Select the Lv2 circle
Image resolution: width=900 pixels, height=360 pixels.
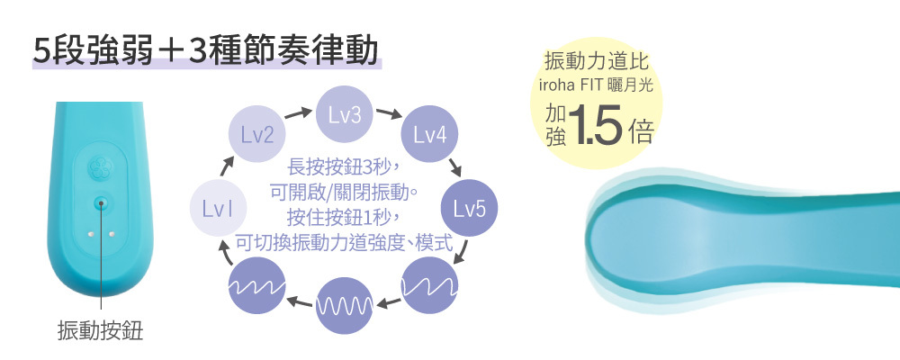[256, 136]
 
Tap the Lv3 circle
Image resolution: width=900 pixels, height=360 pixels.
[344, 115]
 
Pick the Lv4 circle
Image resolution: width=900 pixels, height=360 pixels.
[430, 136]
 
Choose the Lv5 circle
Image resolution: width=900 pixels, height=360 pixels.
[468, 210]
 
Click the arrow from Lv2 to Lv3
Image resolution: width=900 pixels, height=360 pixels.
[298, 114]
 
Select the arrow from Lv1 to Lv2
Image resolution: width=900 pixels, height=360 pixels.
[227, 168]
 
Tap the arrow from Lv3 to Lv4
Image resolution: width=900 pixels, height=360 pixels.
[389, 114]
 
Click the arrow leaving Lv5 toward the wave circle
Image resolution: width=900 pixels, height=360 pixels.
[461, 252]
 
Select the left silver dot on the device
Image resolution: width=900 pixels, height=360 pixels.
[89, 232]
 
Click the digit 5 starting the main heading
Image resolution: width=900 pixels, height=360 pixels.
[39, 50]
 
